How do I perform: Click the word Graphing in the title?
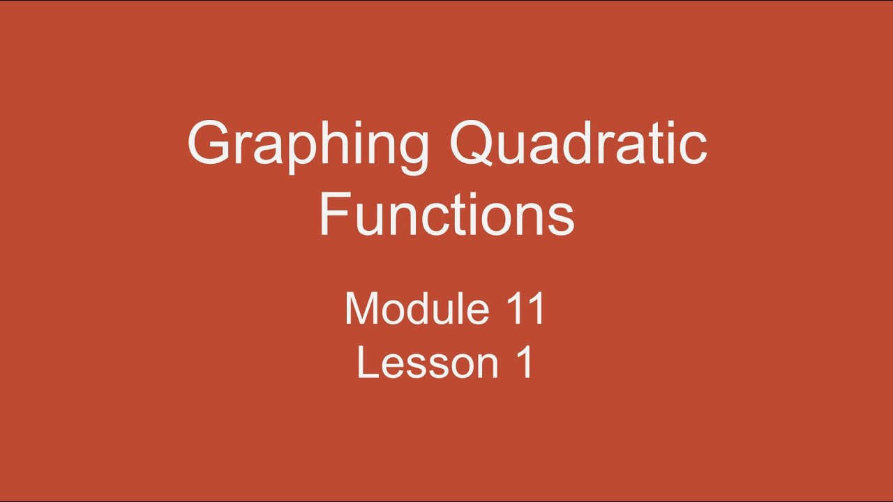[x=308, y=145]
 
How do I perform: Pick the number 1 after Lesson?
[x=525, y=363]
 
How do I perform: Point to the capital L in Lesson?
[x=366, y=363]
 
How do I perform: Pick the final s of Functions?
[x=560, y=219]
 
